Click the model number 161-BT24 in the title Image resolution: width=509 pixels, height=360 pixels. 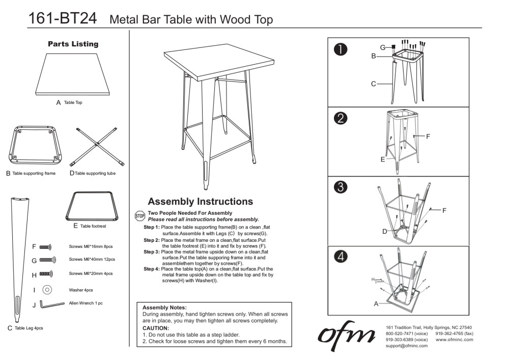(x=62, y=18)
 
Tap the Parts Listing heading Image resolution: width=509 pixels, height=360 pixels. (x=73, y=44)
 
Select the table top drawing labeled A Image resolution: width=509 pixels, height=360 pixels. (x=74, y=74)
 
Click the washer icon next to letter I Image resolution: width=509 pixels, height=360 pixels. (x=47, y=289)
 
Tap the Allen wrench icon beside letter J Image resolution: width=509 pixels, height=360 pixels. (x=49, y=304)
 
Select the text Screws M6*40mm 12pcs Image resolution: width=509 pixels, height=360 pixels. (x=92, y=260)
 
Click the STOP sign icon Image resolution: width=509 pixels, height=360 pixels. (x=139, y=216)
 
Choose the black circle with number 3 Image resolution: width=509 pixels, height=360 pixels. (x=341, y=187)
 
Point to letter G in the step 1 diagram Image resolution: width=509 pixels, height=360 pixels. (x=382, y=47)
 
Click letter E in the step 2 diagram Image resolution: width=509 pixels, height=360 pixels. (x=382, y=159)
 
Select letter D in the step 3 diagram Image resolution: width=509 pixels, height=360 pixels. (x=385, y=232)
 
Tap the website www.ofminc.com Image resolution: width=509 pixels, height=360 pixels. (x=454, y=339)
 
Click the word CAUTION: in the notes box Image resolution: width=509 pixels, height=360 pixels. (x=155, y=328)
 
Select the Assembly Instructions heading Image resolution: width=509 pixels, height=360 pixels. (x=200, y=202)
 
